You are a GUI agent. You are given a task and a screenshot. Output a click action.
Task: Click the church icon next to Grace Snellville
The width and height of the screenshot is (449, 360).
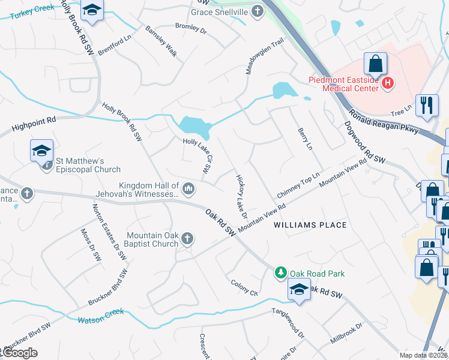tap(258, 11)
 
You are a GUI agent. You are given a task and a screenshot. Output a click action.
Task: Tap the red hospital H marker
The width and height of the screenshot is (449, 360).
tap(388, 83)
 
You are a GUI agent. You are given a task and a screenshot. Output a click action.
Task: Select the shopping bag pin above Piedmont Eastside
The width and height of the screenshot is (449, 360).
tap(375, 63)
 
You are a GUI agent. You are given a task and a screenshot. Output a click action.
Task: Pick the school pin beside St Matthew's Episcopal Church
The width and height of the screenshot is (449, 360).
tap(41, 150)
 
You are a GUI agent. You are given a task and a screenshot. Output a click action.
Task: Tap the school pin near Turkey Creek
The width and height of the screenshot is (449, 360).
tap(92, 10)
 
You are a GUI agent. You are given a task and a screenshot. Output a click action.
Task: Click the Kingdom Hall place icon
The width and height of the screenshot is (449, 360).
tap(188, 190)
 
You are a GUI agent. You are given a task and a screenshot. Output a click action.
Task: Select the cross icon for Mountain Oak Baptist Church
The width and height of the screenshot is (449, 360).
tap(187, 239)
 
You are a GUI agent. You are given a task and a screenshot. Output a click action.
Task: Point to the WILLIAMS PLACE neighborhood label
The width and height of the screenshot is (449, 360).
tap(310, 225)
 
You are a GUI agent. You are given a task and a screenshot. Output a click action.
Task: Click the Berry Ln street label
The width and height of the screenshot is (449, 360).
tap(305, 139)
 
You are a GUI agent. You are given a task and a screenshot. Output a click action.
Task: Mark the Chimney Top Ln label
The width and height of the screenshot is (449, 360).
tap(297, 189)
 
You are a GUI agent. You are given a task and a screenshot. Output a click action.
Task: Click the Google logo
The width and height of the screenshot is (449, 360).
tap(20, 353)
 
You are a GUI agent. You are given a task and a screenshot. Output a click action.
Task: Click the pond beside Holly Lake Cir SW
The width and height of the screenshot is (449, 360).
tap(194, 127)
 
